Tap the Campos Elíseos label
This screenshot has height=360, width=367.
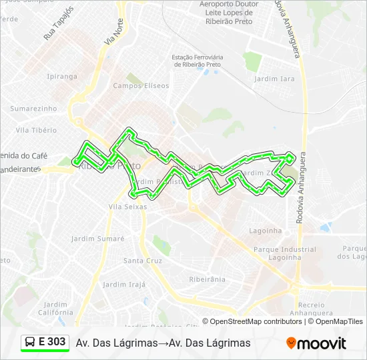[x=135, y=85]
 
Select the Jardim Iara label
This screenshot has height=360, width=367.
[x=274, y=79]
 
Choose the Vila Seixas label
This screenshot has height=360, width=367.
[x=127, y=207]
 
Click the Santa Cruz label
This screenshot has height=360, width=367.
[x=143, y=261]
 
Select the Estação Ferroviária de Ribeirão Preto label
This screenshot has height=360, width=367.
[x=207, y=61]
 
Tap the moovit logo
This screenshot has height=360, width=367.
[x=316, y=343]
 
